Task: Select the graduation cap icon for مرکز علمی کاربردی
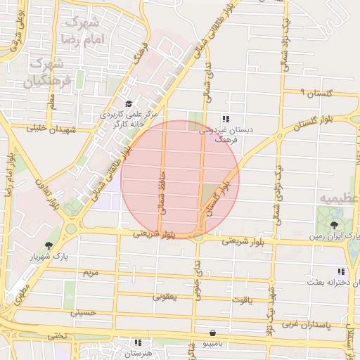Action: click(x=128, y=104)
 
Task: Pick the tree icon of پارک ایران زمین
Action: click(x=334, y=226)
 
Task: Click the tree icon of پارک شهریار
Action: click(x=48, y=245)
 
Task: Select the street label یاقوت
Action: click(x=240, y=300)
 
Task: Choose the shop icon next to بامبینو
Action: click(x=212, y=333)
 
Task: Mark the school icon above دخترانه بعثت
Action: click(x=340, y=271)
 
